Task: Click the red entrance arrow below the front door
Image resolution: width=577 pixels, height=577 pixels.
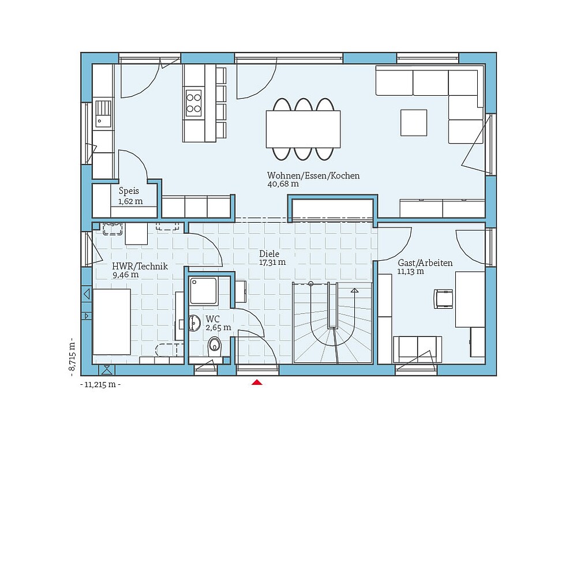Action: point(257,382)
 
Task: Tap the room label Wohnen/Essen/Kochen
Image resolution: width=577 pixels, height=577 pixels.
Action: point(313,175)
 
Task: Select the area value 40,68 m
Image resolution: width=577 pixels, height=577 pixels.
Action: point(283,185)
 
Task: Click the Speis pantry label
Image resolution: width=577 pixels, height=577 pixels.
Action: point(129,191)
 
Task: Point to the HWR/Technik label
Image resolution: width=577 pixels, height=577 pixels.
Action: point(140,266)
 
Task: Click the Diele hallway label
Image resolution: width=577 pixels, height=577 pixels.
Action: point(269,253)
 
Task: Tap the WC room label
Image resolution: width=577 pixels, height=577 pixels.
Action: point(212,319)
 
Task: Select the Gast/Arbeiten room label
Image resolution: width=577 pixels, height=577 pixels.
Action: point(425,263)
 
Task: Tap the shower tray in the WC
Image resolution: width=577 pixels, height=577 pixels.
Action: point(203,291)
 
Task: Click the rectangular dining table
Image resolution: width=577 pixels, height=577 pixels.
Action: point(303,129)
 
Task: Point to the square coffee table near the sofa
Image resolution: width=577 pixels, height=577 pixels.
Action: point(414,123)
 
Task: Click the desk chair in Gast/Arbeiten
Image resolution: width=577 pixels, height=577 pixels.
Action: point(444,298)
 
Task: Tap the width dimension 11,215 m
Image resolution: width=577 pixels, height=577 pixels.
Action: point(100,385)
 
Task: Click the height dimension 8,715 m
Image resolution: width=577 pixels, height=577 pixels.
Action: point(72,356)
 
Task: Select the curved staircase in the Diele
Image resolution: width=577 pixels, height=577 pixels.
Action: point(332,323)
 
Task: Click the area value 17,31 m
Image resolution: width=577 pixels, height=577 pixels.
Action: point(272,262)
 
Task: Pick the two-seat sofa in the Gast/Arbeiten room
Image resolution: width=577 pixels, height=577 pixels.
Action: point(418,348)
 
